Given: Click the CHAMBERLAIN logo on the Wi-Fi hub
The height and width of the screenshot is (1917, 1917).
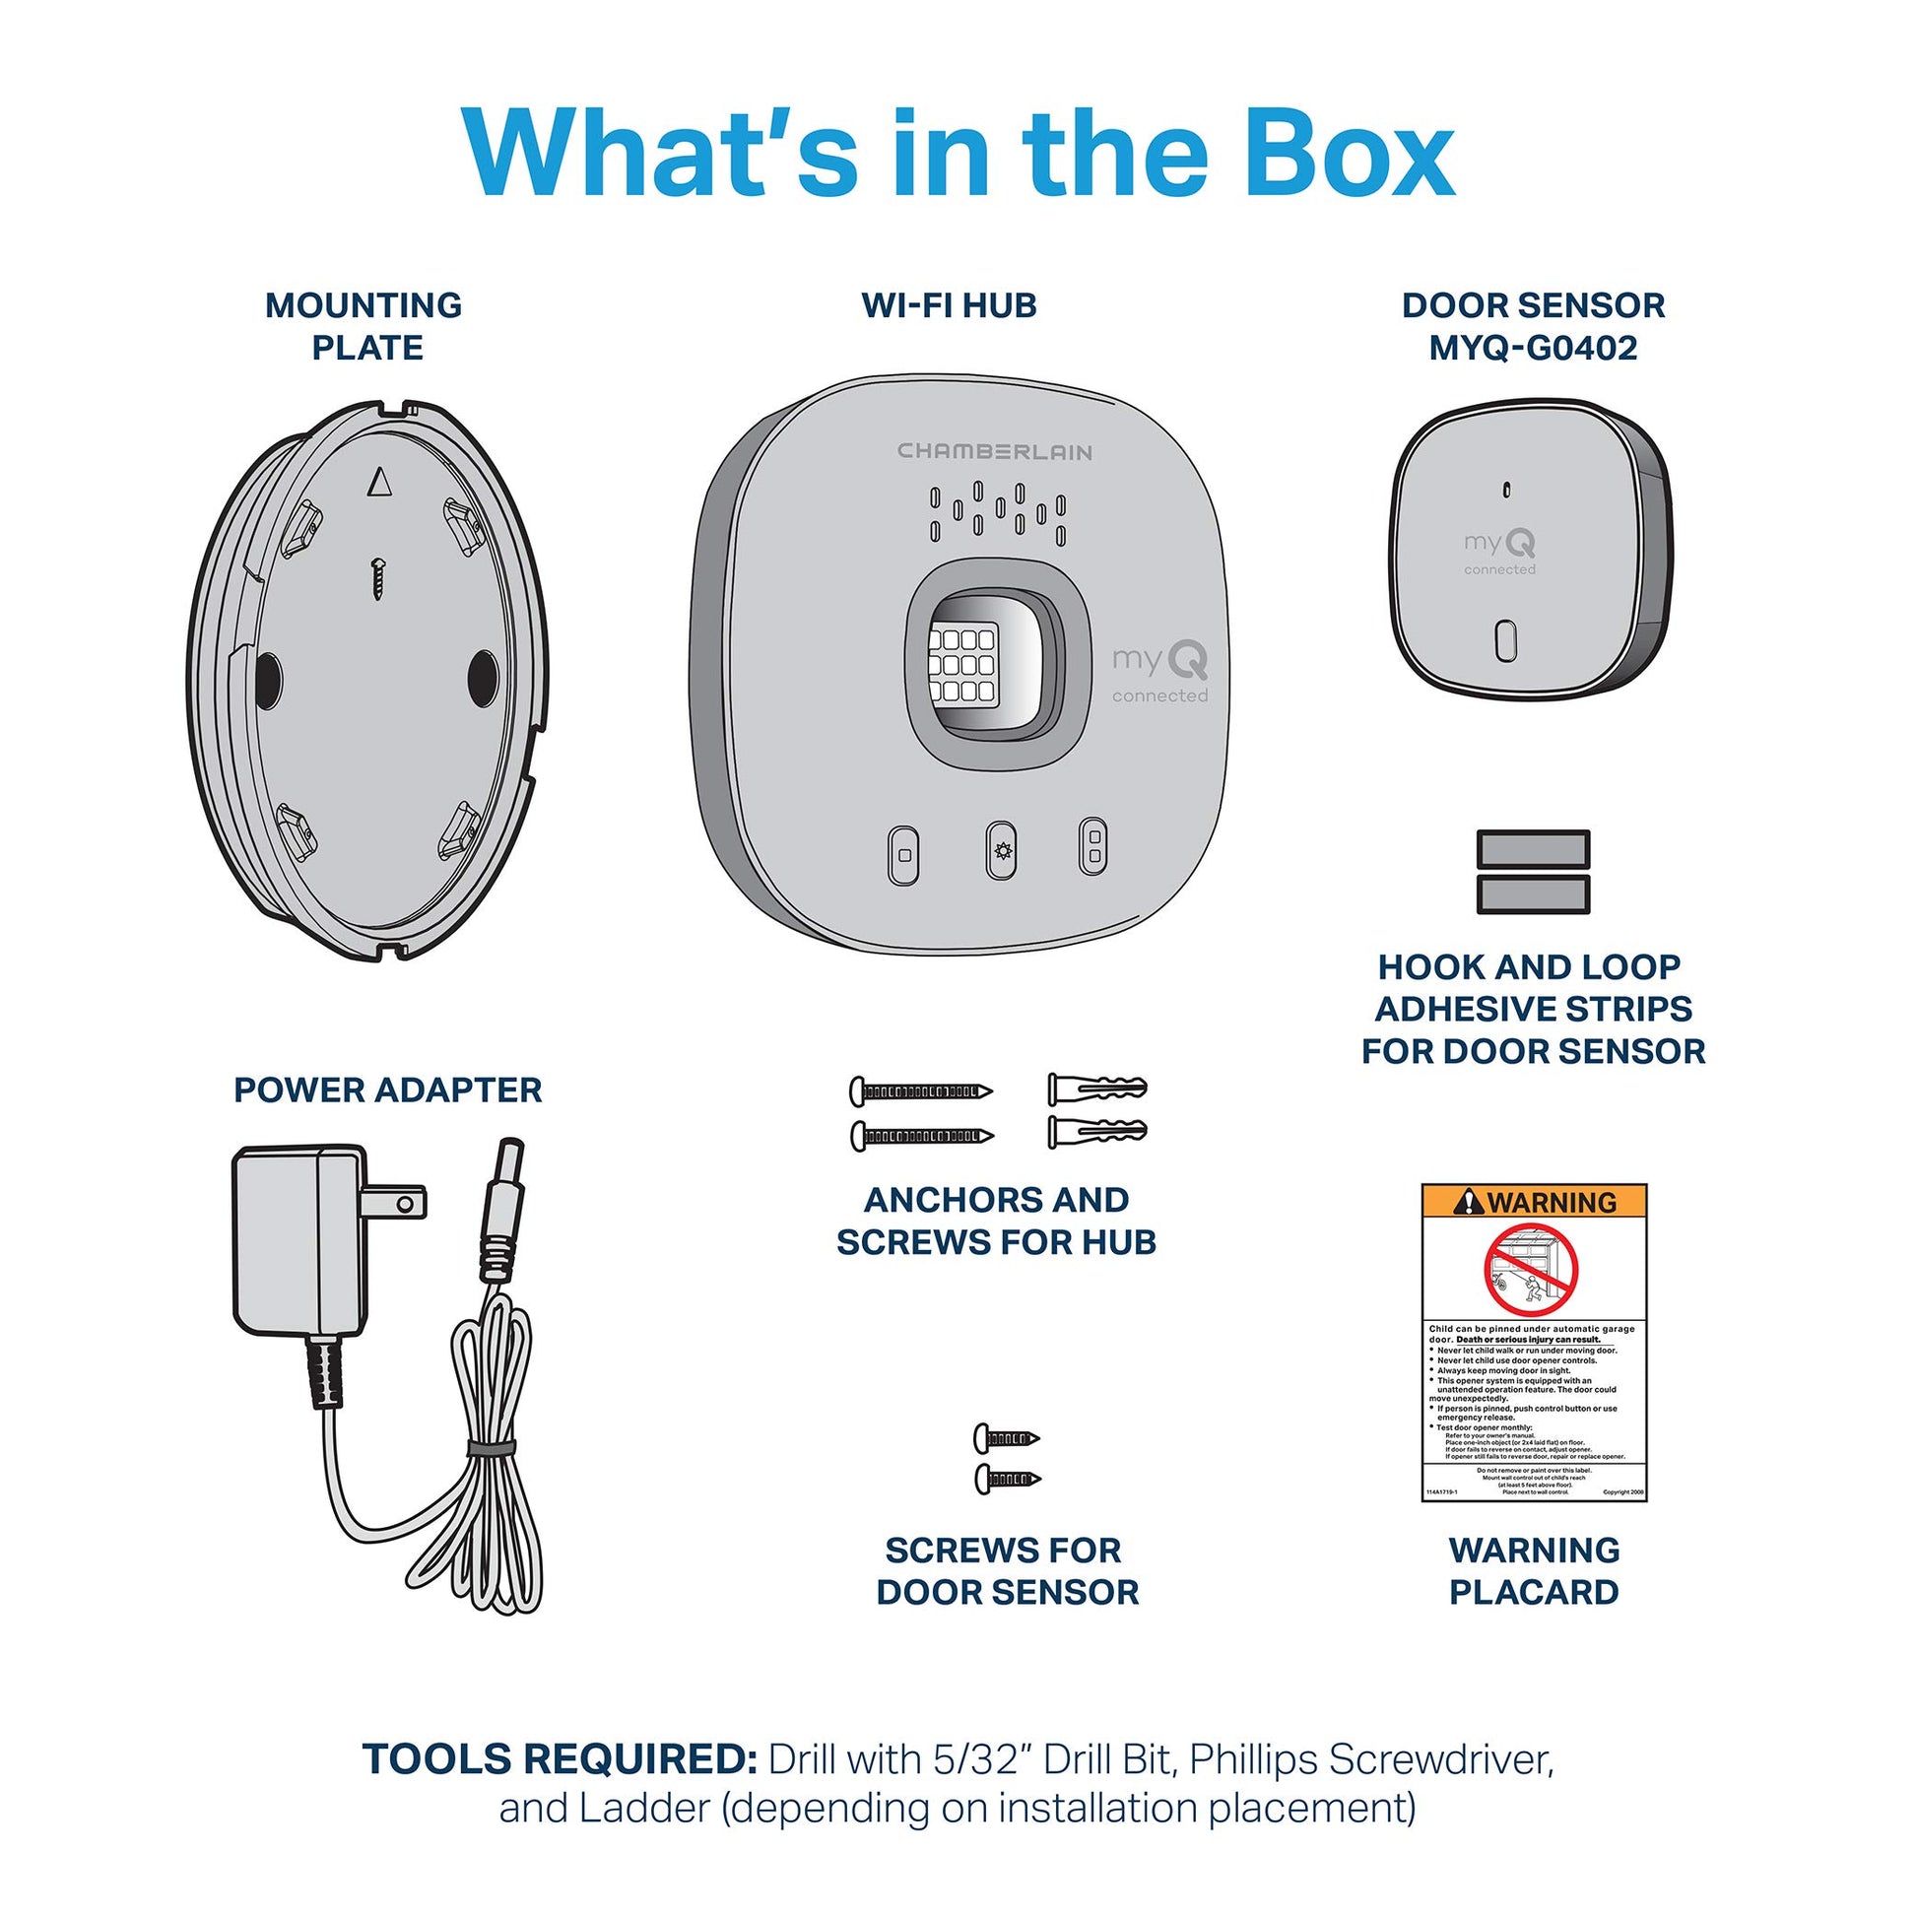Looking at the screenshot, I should click(994, 452).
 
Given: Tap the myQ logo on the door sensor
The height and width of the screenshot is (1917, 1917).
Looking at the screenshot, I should click(1499, 544).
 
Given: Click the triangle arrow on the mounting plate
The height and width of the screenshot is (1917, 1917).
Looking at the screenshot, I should click(380, 483).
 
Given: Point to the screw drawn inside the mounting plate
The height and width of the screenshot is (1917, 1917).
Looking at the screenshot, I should click(378, 577).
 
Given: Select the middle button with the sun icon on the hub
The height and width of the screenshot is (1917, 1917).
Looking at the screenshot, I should click(1000, 850).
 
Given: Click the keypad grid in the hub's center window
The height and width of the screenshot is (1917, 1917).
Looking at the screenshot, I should click(961, 664).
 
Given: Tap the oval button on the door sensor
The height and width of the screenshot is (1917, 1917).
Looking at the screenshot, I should click(1505, 641).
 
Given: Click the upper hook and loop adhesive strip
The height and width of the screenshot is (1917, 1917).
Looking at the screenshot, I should click(1533, 849).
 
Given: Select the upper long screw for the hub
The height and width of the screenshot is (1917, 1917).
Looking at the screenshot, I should click(921, 1091).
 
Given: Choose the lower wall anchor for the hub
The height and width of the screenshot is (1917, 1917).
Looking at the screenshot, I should click(1096, 1131).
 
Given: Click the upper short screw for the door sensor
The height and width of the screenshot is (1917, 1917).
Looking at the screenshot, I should click(1006, 1436).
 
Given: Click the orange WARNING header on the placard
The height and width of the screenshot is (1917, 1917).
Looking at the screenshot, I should click(1534, 1202).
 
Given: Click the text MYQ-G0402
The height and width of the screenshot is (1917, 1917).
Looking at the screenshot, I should click(1533, 349).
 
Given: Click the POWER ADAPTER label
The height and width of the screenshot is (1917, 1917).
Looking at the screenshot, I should click(388, 1090).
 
